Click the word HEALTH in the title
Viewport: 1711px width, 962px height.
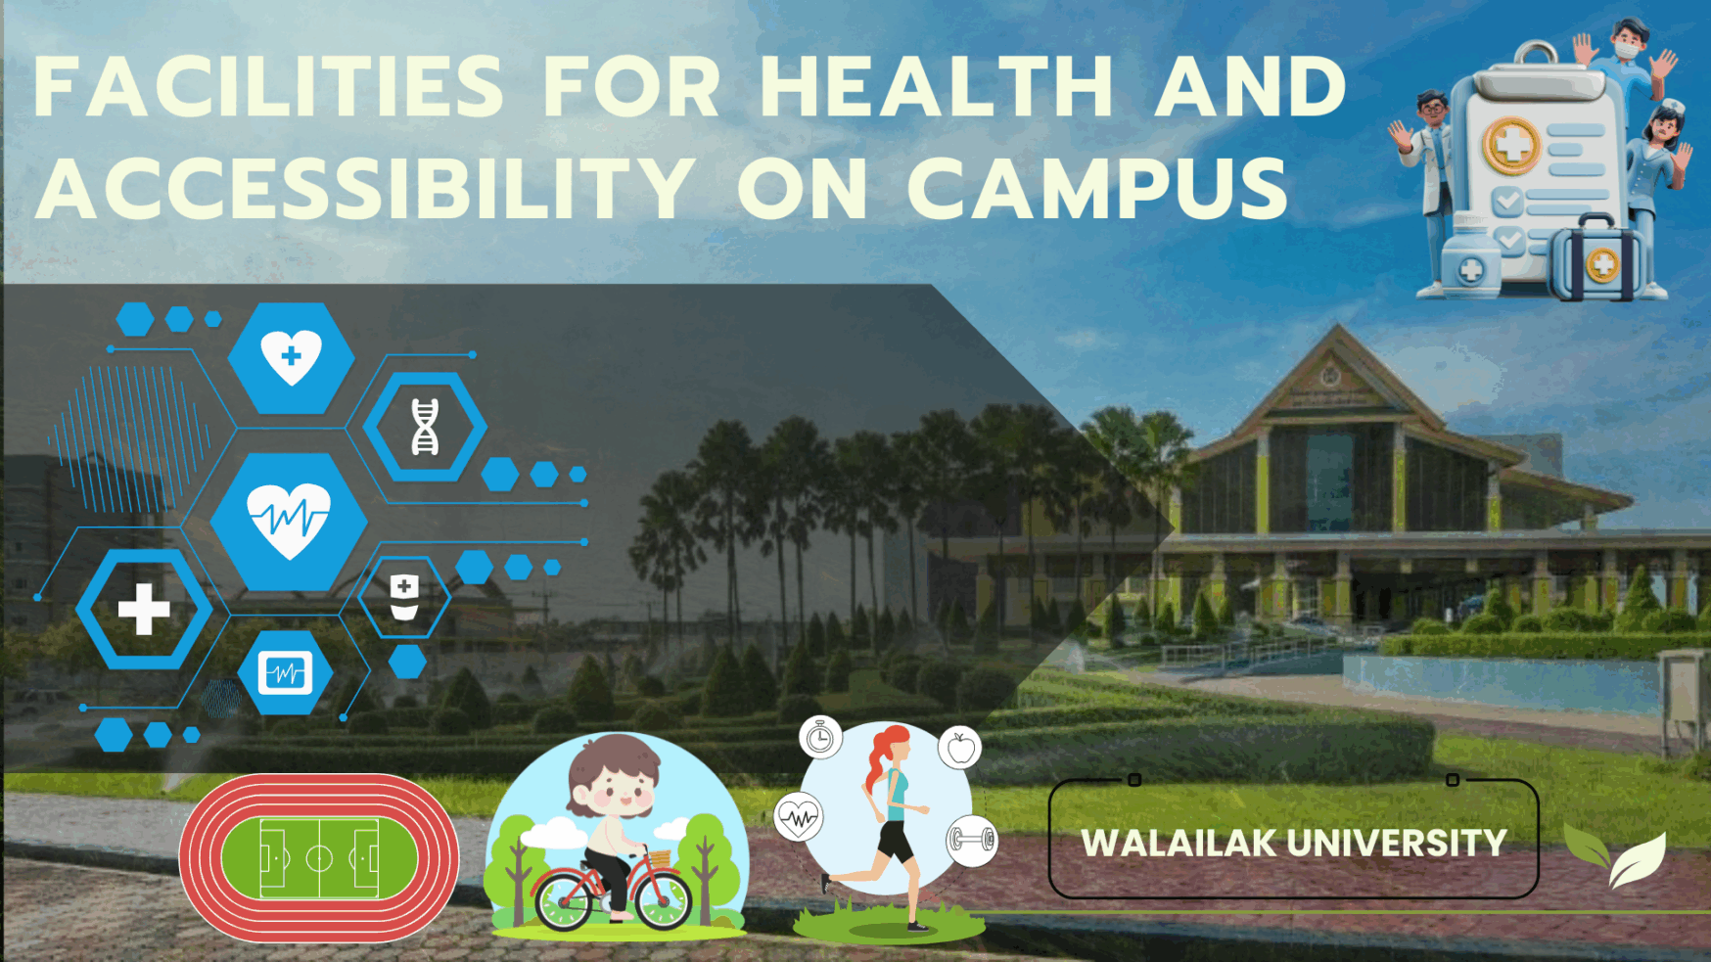pyautogui.click(x=937, y=86)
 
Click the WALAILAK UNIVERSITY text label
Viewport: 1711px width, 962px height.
pyautogui.click(x=1293, y=843)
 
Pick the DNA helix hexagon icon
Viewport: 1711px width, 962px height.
pyautogui.click(x=425, y=427)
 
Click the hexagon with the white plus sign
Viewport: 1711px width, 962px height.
pyautogui.click(x=144, y=609)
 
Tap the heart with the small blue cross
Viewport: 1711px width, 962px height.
pyautogui.click(x=291, y=356)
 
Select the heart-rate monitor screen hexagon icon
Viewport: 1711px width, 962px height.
pyautogui.click(x=285, y=673)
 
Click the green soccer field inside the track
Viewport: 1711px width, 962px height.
pyautogui.click(x=319, y=858)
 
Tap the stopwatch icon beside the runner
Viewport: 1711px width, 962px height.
pyautogui.click(x=820, y=738)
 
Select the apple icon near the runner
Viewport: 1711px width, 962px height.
pyautogui.click(x=960, y=749)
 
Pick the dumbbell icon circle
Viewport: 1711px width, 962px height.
pyautogui.click(x=972, y=841)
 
